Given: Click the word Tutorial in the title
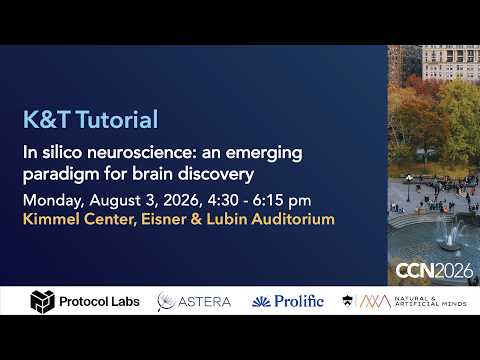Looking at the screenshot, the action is [117, 119].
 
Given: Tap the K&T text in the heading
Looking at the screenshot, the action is [47, 119].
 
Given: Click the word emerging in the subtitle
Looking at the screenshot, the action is [264, 154].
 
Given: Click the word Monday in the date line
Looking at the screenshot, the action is [53, 201].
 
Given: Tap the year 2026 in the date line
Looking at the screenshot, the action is [181, 200].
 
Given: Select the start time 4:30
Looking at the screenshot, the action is [223, 200].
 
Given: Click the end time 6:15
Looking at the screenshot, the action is [268, 200].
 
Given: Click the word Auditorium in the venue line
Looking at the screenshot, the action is [293, 219].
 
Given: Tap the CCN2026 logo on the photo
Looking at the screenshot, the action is [434, 271].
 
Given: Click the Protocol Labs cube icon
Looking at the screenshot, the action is [42, 302].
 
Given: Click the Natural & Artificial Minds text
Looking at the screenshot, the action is [431, 301].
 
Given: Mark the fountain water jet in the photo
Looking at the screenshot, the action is [451, 232].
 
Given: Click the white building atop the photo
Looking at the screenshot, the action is [451, 62].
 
